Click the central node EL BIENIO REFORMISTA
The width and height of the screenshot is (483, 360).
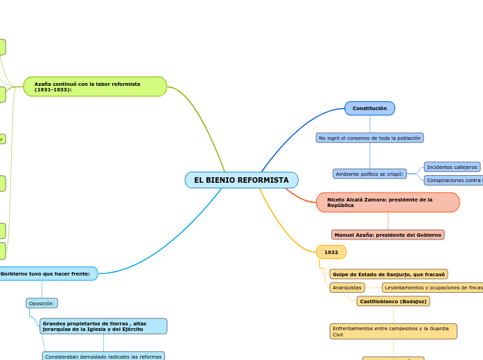[x=241, y=180]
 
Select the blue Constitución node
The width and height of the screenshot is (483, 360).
[x=369, y=109]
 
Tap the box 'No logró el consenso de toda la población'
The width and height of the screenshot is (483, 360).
[x=369, y=138]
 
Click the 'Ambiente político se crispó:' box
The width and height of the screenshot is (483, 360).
[x=369, y=174]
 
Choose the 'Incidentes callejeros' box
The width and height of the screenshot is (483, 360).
[x=452, y=167]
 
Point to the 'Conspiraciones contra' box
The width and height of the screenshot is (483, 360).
[x=453, y=180]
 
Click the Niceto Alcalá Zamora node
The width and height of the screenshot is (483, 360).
[x=387, y=202]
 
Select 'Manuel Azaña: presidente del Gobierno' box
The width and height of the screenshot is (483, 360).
[x=387, y=235]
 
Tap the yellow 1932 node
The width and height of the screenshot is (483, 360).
[x=331, y=252]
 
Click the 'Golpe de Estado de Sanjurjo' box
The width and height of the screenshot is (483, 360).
[x=388, y=274]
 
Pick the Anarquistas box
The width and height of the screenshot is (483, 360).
[x=347, y=287]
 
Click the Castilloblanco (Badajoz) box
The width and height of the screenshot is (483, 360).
[x=393, y=301]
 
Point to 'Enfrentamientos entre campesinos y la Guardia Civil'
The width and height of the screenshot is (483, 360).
[x=393, y=331]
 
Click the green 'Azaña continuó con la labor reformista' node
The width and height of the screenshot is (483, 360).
[x=95, y=87]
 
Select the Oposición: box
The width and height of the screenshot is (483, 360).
[x=42, y=303]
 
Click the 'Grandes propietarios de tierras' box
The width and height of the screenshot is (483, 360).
[x=103, y=326]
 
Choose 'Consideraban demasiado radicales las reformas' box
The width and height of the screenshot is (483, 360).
[x=103, y=357]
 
